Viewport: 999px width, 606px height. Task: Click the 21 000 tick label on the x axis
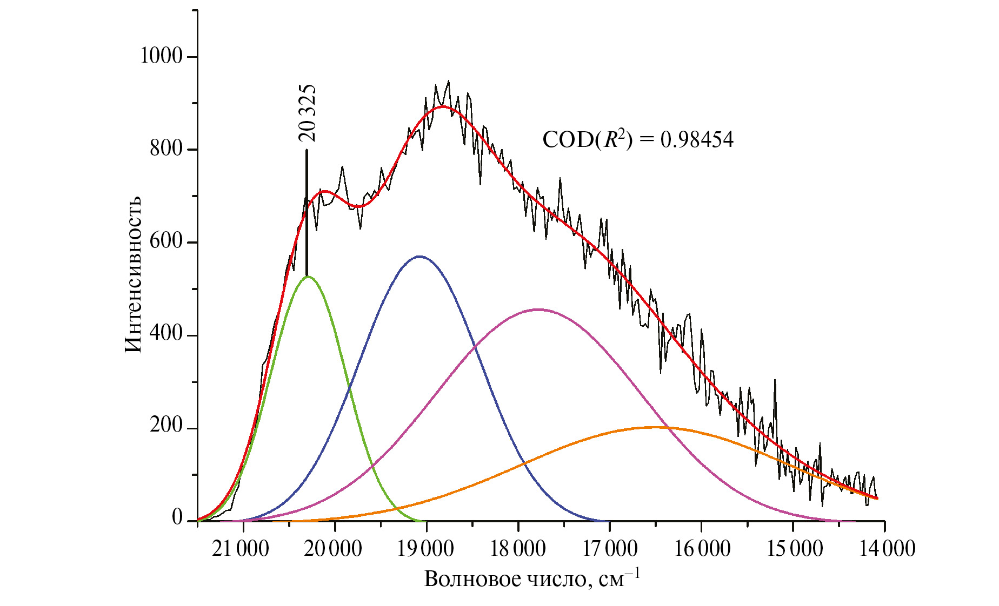pos(241,549)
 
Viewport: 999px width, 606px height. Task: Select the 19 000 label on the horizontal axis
pos(425,549)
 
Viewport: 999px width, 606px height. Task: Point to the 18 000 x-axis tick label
pos(517,549)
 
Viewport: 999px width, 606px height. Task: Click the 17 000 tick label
pos(609,549)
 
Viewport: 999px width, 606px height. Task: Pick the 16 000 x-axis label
pos(701,549)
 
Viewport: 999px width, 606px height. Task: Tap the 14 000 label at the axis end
pos(887,549)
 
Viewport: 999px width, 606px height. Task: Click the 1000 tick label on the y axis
pos(161,56)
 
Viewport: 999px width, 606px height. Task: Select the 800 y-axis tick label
pos(166,149)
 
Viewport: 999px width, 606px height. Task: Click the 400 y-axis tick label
pos(166,334)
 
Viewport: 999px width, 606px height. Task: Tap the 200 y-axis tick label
pos(166,426)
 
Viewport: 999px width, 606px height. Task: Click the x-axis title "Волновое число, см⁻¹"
pos(532,578)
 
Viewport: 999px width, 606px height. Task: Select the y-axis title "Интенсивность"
pos(133,274)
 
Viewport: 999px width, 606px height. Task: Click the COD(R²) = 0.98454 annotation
pos(637,140)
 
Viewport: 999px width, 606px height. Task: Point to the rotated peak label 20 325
pos(307,113)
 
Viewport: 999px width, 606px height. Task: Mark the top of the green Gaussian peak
pos(308,277)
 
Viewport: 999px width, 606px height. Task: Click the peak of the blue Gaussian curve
pos(419,256)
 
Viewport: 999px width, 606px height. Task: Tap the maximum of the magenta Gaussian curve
pos(538,309)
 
